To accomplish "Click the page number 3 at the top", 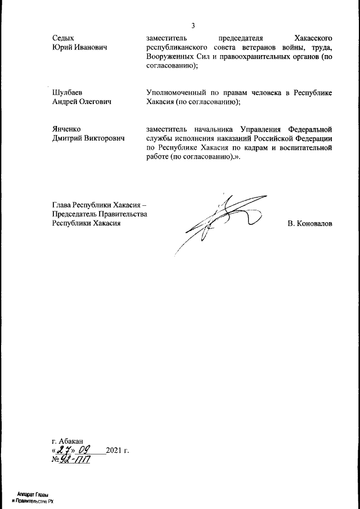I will (x=193, y=25).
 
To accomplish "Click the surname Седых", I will (x=62, y=38).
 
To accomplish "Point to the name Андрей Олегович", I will (x=82, y=102).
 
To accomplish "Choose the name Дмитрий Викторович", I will (x=88, y=138).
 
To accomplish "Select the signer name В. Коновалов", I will (x=309, y=224).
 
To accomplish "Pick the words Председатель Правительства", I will (x=99, y=214).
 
